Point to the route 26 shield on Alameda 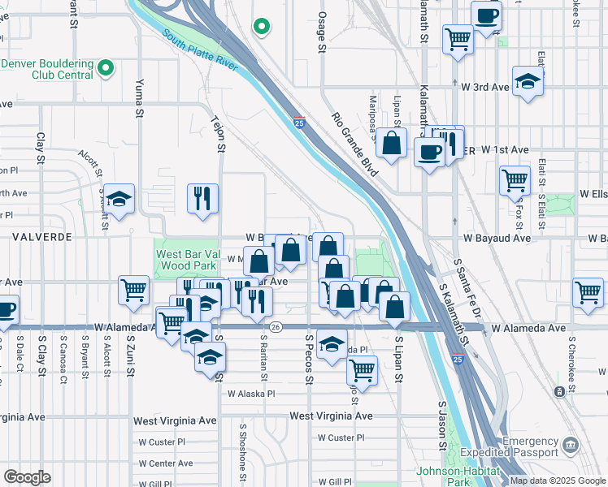click(276, 326)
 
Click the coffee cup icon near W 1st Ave click(429, 151)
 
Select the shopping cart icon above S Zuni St click(133, 290)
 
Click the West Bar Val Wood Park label click(186, 260)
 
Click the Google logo click(27, 477)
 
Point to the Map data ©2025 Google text click(558, 481)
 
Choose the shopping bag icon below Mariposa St click(391, 142)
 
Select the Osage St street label click(321, 31)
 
